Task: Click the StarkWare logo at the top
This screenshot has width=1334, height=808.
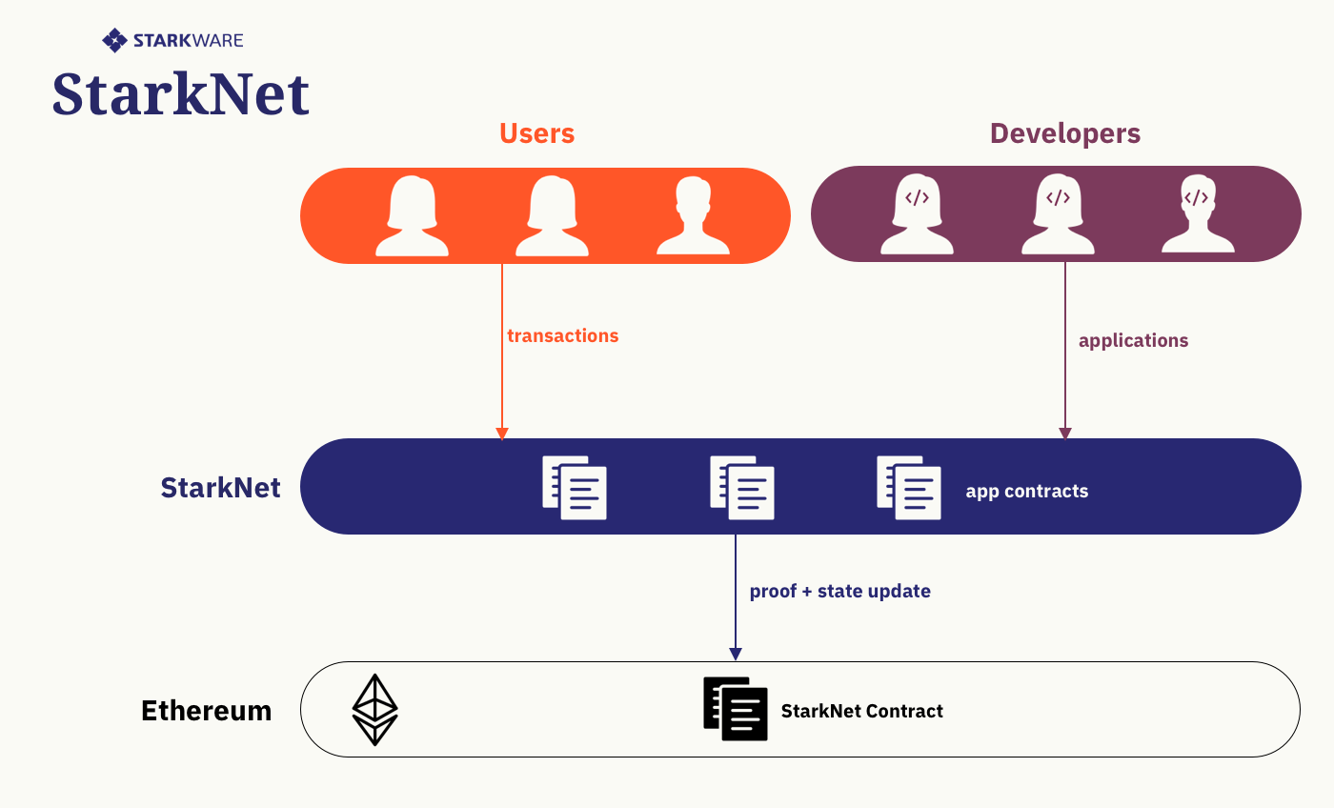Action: pyautogui.click(x=172, y=40)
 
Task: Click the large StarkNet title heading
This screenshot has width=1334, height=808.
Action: pyautogui.click(x=181, y=94)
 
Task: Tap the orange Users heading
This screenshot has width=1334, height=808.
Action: pyautogui.click(x=536, y=133)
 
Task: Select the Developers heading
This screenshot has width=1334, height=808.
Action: pyautogui.click(x=1064, y=133)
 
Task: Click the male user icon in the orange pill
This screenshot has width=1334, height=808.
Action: pyautogui.click(x=693, y=216)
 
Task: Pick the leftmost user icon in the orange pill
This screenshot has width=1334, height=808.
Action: pyautogui.click(x=412, y=216)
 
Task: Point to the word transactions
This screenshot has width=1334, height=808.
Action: pyautogui.click(x=562, y=335)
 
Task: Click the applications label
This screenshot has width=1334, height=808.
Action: pyautogui.click(x=1133, y=340)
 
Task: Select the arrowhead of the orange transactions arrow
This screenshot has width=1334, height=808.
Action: pyautogui.click(x=502, y=434)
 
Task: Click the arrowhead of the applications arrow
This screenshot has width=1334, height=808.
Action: pyautogui.click(x=1065, y=434)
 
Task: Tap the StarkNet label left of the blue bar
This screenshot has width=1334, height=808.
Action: pyautogui.click(x=220, y=488)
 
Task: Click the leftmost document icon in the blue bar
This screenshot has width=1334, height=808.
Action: pyautogui.click(x=575, y=488)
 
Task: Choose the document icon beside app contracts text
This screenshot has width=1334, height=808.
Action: pyautogui.click(x=909, y=488)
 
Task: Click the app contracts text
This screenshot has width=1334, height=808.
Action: pyautogui.click(x=1026, y=492)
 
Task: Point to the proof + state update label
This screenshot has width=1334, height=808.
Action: pyautogui.click(x=839, y=591)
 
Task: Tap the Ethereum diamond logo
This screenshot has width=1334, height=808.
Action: pyautogui.click(x=375, y=710)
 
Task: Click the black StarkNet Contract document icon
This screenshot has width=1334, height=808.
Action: pyautogui.click(x=736, y=709)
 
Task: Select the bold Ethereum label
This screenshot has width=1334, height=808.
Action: pyautogui.click(x=206, y=711)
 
